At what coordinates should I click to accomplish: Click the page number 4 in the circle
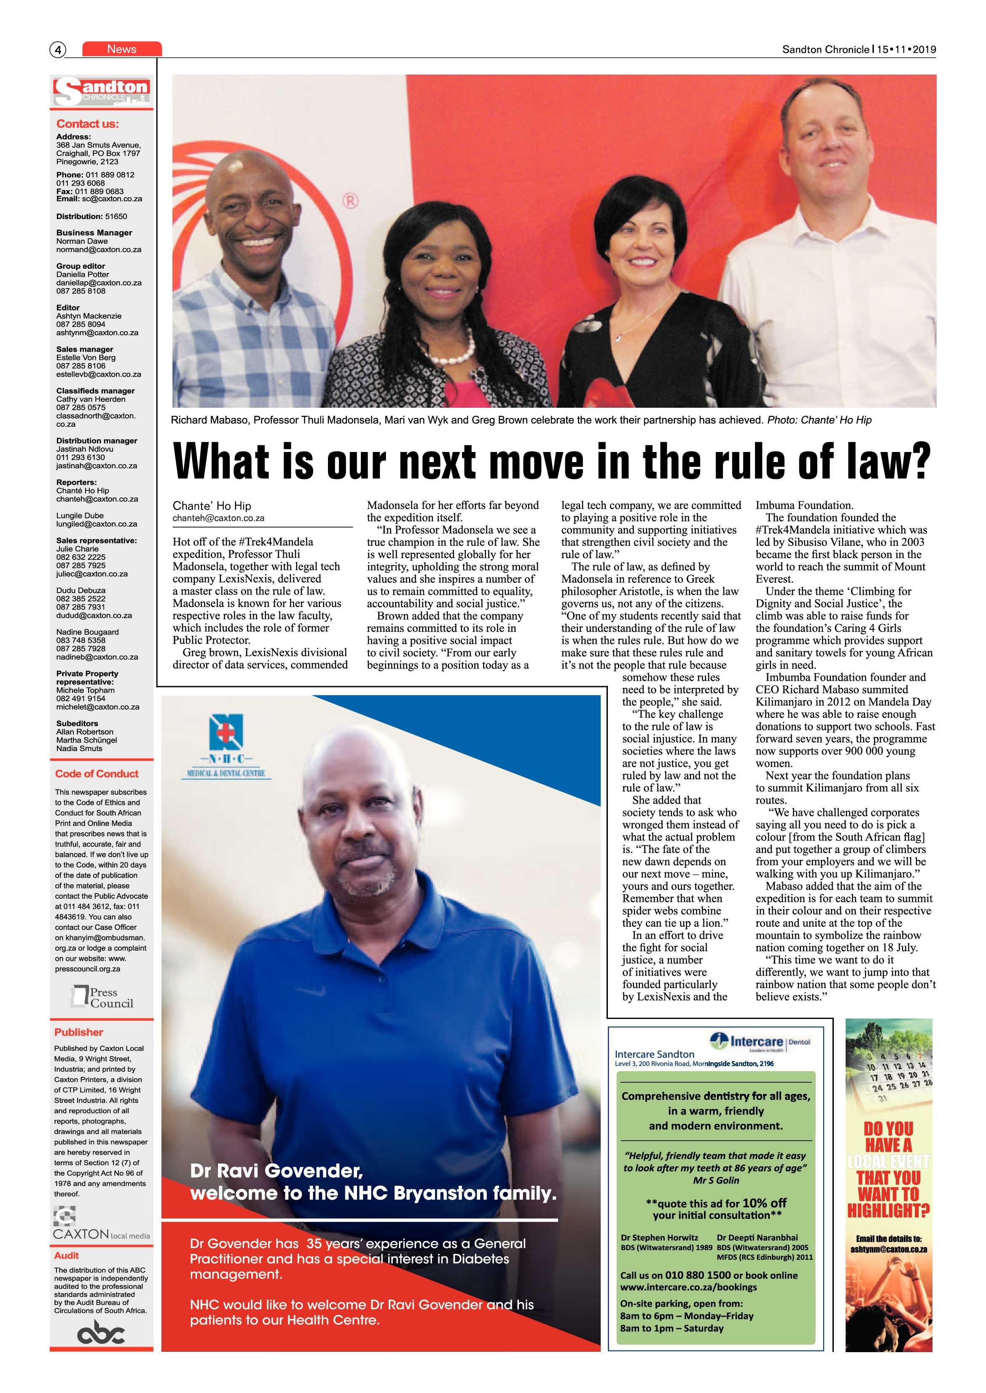58,50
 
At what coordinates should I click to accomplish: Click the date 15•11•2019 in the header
906,50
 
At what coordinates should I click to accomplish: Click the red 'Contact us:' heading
87,124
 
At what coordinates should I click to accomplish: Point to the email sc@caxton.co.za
112,199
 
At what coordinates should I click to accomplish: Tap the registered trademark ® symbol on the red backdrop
350,201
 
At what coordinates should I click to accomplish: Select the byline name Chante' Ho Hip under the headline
212,506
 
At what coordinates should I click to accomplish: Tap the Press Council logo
102,997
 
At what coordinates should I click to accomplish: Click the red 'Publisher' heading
78,1032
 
